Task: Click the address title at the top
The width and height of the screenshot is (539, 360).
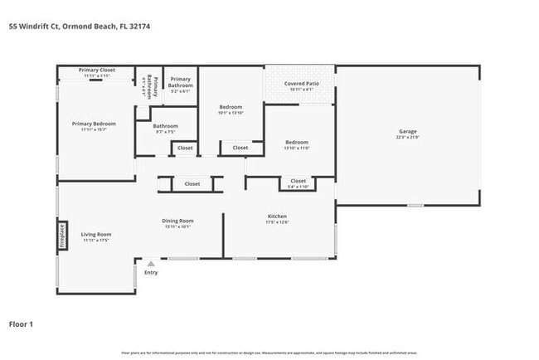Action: (80, 27)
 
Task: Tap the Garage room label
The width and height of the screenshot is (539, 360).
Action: (408, 131)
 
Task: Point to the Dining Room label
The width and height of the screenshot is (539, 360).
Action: (178, 220)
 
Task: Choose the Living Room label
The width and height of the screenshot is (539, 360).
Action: (96, 234)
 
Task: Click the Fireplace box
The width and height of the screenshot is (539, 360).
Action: (61, 236)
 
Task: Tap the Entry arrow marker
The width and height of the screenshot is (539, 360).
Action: (151, 264)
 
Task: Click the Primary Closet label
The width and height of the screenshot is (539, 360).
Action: (97, 71)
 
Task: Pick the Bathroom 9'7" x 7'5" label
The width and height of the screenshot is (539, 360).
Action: (166, 126)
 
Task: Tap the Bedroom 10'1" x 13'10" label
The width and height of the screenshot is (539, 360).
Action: (231, 107)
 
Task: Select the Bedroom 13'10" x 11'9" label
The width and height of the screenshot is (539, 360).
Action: (297, 142)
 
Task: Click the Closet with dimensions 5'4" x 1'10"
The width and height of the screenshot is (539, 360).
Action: (299, 183)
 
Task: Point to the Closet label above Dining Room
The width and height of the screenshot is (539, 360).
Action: (192, 183)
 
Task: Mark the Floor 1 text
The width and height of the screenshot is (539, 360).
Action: (21, 324)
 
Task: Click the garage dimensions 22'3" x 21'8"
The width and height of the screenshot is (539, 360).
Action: (408, 137)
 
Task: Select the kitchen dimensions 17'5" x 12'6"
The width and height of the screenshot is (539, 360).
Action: (277, 221)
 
